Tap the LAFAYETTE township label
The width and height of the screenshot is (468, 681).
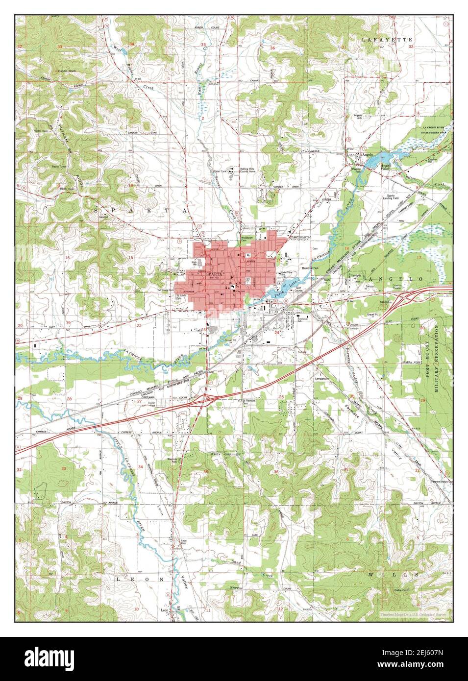[x=381, y=38]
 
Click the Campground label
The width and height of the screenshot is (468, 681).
[x=321, y=379]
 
